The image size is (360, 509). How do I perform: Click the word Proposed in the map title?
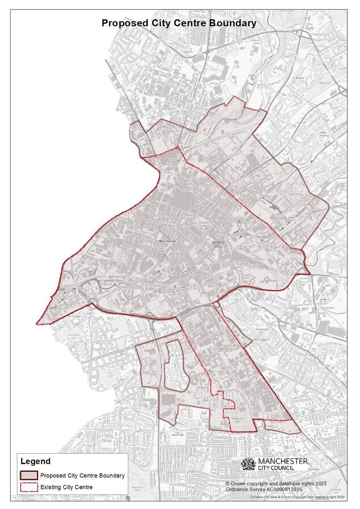(122, 23)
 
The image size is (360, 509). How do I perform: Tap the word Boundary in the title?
(236, 23)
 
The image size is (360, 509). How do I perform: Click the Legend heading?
(35, 462)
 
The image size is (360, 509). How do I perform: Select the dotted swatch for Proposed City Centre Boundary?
(29, 476)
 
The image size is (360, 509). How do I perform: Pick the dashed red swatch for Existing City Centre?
(29, 487)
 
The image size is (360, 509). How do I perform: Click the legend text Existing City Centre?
(67, 487)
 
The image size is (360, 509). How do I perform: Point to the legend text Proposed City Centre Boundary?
(82, 476)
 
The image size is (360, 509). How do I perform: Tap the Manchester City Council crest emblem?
(248, 463)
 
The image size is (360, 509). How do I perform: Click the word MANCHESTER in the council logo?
(283, 461)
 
